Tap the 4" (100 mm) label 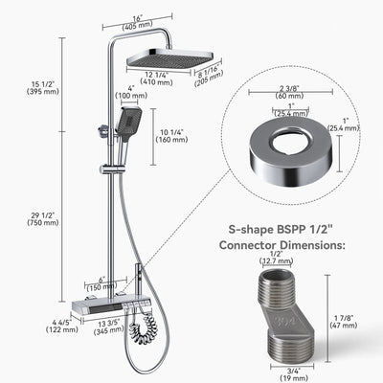125,93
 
